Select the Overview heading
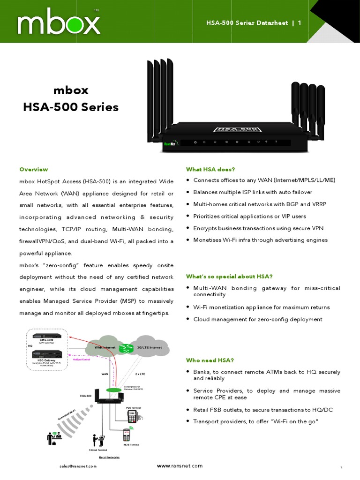(33, 169)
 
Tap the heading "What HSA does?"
(210, 169)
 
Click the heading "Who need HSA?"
(210, 360)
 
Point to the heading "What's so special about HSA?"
(229, 276)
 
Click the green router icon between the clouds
(126, 348)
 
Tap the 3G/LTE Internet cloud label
(149, 348)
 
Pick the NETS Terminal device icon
(127, 434)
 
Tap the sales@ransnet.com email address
(78, 466)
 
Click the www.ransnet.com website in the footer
(180, 466)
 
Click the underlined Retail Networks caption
(109, 457)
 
